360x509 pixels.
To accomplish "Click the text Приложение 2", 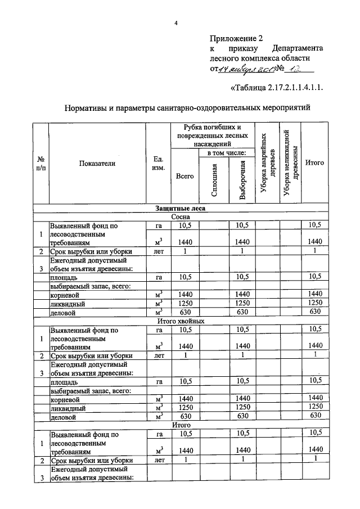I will click(x=236, y=39).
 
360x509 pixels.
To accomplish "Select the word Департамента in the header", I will click(x=298, y=49).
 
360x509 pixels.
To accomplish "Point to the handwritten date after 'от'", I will click(x=247, y=69).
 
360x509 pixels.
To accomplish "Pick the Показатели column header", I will click(x=97, y=163).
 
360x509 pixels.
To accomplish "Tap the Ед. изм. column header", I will click(x=158, y=164).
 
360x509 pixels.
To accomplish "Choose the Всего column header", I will click(x=184, y=176).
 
